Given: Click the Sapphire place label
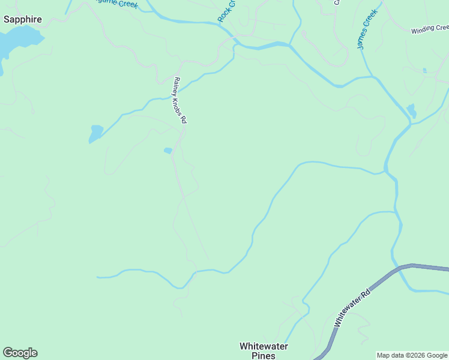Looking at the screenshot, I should pyautogui.click(x=23, y=19).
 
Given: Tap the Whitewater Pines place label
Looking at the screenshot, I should pyautogui.click(x=264, y=351).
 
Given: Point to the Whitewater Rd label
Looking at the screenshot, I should pyautogui.click(x=352, y=308).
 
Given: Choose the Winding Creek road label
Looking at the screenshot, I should pyautogui.click(x=429, y=29).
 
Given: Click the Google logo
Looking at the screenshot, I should pyautogui.click(x=20, y=353).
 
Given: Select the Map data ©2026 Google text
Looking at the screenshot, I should pyautogui.click(x=412, y=355).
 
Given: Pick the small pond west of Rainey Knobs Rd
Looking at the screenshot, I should pyautogui.click(x=95, y=133).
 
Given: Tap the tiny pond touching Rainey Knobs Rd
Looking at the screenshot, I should pyautogui.click(x=168, y=151).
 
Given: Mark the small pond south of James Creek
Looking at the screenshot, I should pyautogui.click(x=411, y=110).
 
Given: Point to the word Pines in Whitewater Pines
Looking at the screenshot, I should pyautogui.click(x=264, y=356).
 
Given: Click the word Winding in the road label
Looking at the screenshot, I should pyautogui.click(x=423, y=30).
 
